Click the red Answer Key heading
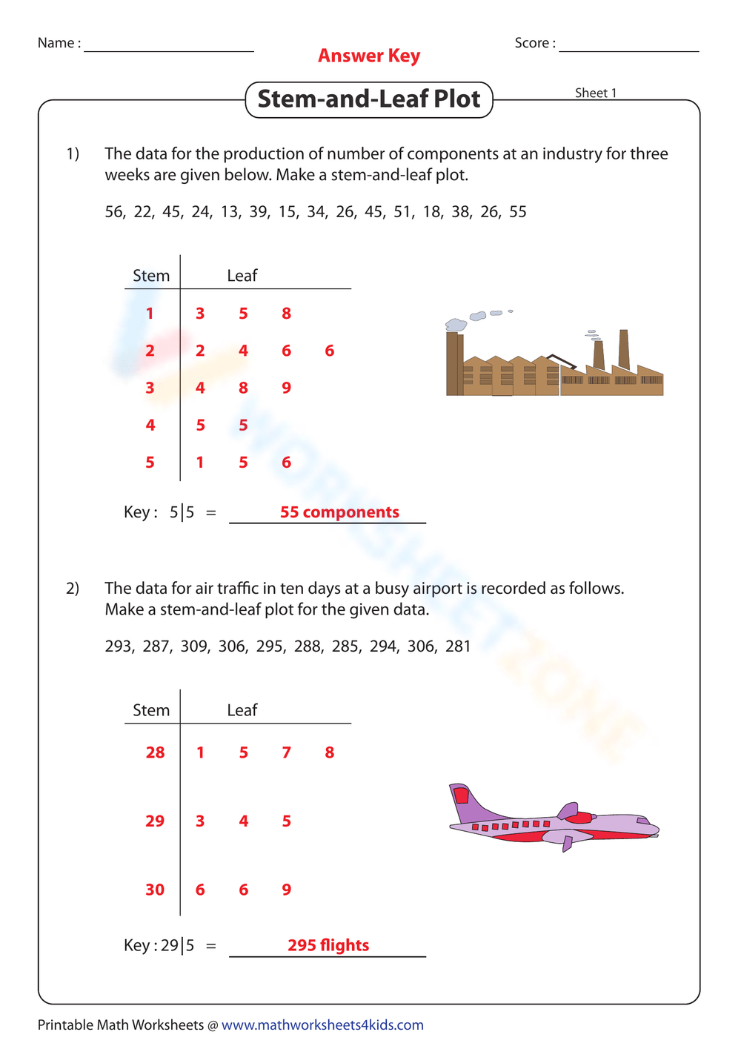tap(369, 56)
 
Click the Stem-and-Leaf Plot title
tap(369, 99)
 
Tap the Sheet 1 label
tap(595, 93)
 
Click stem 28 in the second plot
tap(155, 752)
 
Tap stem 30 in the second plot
tap(155, 890)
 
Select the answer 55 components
tap(339, 512)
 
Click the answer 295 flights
tap(328, 945)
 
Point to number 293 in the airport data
tap(119, 646)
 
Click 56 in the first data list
tap(114, 212)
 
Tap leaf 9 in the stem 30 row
tap(287, 890)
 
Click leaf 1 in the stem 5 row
tap(200, 463)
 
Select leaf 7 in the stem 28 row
tap(287, 752)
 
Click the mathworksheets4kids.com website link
tap(322, 1025)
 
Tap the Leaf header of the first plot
tap(242, 276)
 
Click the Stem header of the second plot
tap(151, 710)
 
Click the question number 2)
tap(73, 589)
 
